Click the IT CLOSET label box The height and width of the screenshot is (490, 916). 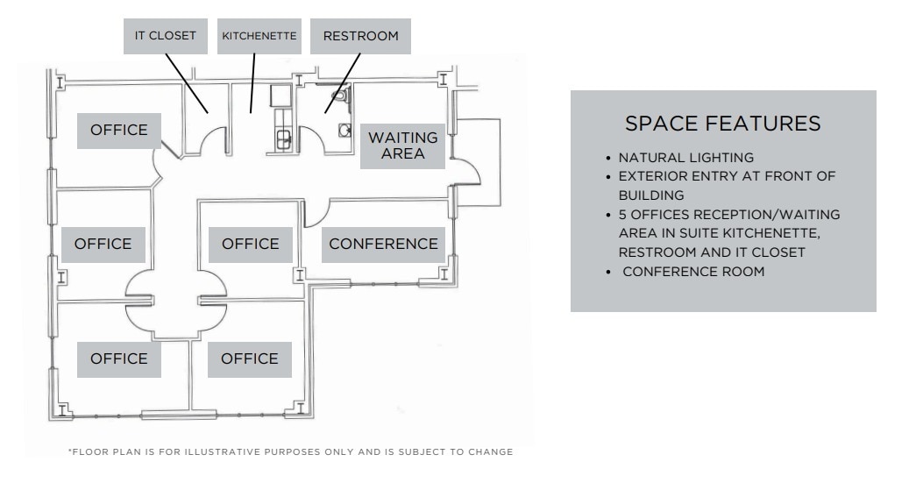166,36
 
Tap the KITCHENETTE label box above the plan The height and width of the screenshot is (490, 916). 259,36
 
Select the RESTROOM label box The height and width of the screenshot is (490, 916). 360,36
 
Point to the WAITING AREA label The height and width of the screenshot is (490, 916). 402,146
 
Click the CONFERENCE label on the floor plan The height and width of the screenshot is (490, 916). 383,244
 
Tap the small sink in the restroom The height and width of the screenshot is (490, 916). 342,130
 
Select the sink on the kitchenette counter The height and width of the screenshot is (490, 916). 282,137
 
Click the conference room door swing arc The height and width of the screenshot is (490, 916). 317,210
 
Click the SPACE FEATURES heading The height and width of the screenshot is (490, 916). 723,124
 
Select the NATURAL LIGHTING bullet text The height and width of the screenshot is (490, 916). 686,159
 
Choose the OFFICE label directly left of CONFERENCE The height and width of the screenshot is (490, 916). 251,244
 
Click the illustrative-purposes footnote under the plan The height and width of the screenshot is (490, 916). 290,452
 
